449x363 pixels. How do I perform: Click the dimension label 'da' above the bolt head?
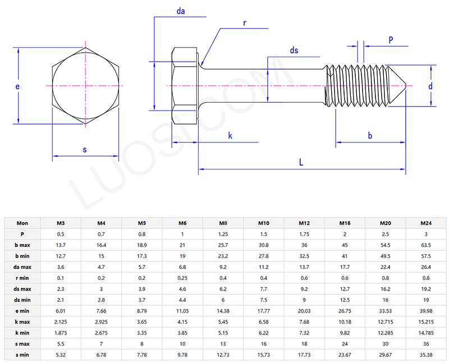180,11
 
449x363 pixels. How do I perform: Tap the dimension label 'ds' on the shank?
294,50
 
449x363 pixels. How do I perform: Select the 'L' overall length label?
301,162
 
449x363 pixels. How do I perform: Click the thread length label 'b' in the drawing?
370,135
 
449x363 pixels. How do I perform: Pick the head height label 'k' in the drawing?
230,136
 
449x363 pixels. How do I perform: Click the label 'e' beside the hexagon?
18,86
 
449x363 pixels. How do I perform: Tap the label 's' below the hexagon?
85,149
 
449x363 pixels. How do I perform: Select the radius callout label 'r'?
245,23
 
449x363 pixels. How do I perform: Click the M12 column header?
304,223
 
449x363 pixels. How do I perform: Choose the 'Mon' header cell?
22,223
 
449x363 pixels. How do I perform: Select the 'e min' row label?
22,310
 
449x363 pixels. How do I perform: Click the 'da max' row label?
22,266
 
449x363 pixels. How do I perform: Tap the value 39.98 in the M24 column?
425,310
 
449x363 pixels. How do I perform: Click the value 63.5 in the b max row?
425,245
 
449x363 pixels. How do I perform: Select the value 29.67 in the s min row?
385,354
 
